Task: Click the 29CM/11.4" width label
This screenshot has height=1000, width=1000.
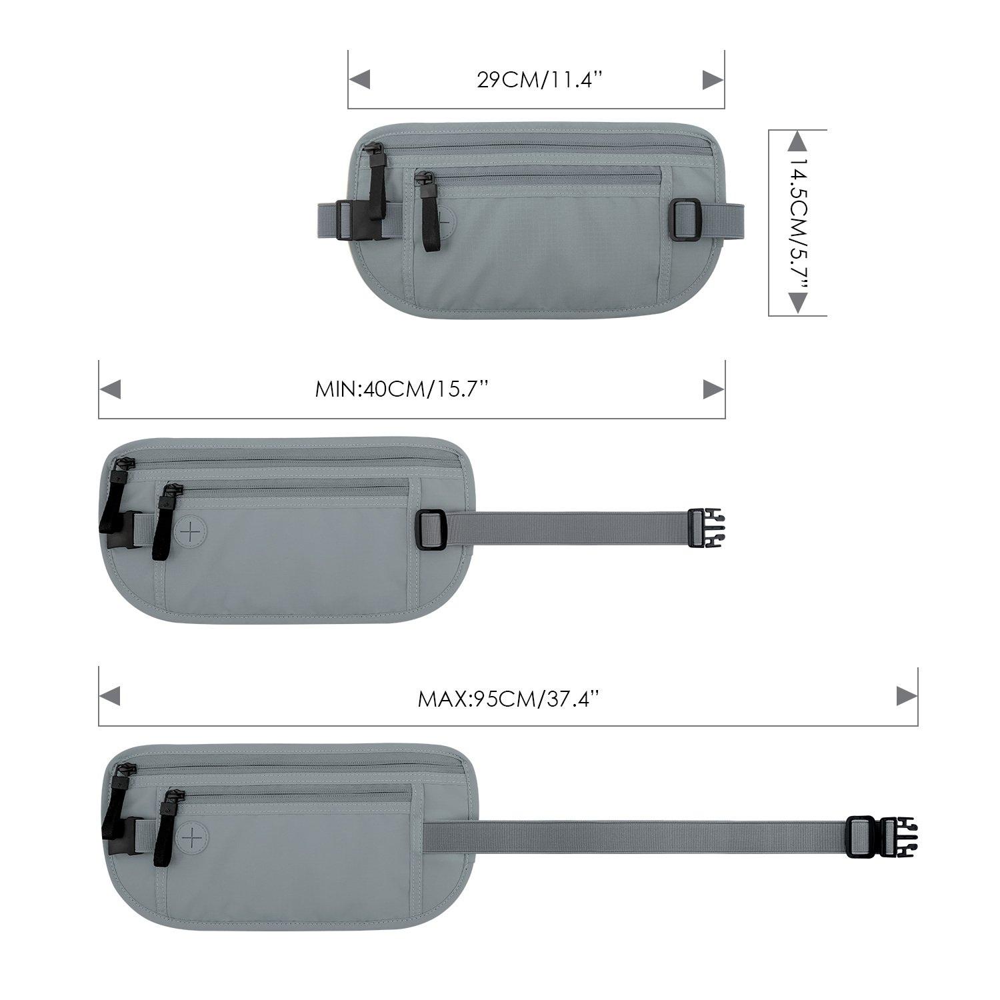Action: click(x=540, y=80)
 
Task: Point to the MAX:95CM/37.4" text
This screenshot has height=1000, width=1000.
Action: click(x=509, y=698)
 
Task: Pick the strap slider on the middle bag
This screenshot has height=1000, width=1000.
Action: click(x=432, y=530)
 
